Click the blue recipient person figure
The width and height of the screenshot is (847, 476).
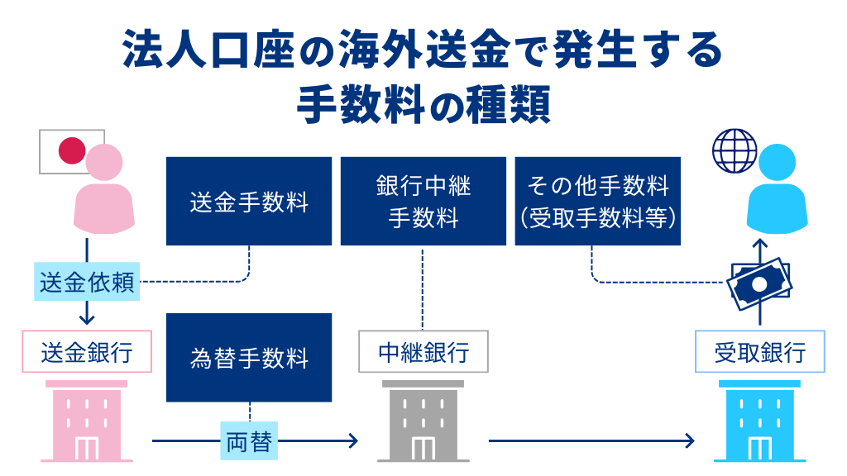[776, 192]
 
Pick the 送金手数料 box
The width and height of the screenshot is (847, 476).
[248, 202]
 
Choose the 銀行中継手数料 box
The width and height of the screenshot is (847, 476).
[423, 202]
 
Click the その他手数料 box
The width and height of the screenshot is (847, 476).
[597, 202]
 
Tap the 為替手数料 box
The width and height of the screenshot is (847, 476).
[248, 357]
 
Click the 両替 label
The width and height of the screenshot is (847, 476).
[248, 441]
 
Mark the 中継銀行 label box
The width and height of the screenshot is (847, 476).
[423, 353]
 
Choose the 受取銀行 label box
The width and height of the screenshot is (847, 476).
[759, 353]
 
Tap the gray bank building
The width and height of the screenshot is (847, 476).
[423, 421]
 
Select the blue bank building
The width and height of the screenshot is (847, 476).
[759, 421]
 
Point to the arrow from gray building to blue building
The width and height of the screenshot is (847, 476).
[591, 441]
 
